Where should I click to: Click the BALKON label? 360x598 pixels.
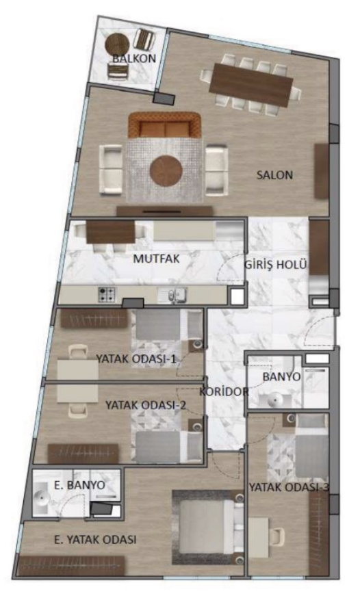[134, 58]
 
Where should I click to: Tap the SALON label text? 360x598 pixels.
[274, 175]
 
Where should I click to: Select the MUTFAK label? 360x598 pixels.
[156, 258]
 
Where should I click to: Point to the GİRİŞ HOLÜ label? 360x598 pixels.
[275, 264]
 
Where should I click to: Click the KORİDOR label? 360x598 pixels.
[224, 391]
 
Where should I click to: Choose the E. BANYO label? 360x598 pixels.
[79, 485]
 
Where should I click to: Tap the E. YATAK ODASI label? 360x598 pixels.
[95, 540]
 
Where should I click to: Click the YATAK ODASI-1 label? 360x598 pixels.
[136, 359]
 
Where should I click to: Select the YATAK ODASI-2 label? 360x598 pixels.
[146, 404]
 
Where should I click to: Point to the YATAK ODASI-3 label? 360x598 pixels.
[289, 487]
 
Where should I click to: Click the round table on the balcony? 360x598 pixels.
[117, 44]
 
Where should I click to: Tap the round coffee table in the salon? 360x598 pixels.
[166, 170]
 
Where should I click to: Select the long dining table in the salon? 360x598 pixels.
[251, 86]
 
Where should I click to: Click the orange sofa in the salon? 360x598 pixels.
[164, 125]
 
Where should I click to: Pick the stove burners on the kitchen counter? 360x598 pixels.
[107, 294]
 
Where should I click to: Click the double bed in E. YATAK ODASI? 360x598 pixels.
[208, 527]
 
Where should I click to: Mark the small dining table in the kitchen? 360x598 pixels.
[111, 232]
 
